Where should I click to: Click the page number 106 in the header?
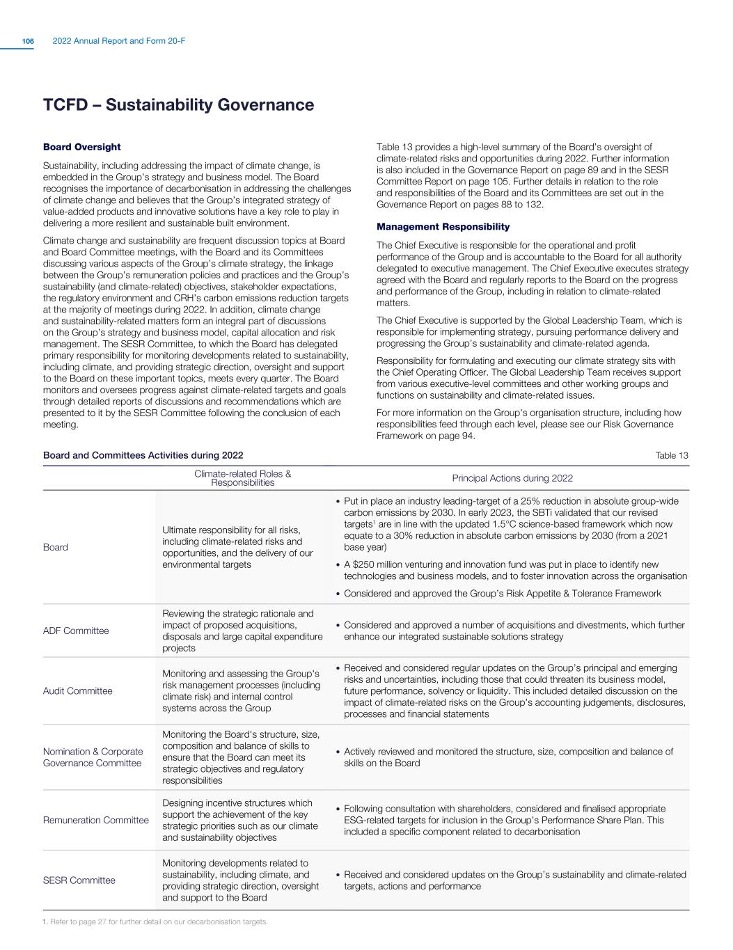point(28,42)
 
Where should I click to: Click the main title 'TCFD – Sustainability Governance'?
point(178,105)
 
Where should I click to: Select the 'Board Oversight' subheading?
point(81,147)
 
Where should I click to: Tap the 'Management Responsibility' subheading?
point(443,227)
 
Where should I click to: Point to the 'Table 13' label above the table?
point(672,455)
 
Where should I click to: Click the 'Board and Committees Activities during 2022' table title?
point(143,455)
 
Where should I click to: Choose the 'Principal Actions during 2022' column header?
point(512,477)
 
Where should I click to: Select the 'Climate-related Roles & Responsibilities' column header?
point(242,477)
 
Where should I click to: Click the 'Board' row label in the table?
point(56,547)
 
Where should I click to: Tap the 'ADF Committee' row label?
point(76,631)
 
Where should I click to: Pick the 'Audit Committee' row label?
point(77,691)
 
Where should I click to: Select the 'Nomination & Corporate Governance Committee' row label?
point(93,757)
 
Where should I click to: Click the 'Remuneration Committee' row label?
point(96,820)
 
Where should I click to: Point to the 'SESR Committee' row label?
point(79,880)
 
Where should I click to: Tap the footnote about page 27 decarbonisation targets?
point(155,922)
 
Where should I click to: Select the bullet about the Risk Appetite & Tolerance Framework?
point(502,594)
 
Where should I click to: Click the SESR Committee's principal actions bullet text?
point(514,880)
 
